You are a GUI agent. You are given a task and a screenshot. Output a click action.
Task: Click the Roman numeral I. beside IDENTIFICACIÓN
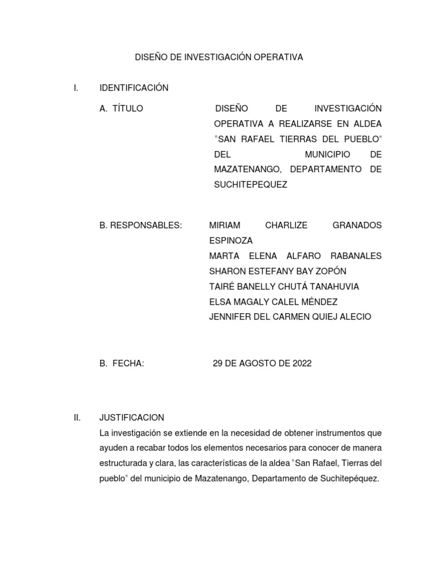coord(76,88)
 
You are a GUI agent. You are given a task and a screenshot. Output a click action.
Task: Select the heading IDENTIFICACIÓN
coord(134,88)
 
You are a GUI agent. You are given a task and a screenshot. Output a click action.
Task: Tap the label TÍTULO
coord(128,108)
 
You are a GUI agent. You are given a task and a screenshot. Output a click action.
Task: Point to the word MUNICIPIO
coord(327,155)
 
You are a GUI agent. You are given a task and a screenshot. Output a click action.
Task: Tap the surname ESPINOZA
coord(231,241)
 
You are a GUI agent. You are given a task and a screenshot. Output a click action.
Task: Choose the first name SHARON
coord(227,271)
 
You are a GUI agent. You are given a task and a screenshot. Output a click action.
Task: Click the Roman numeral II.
coord(77,417)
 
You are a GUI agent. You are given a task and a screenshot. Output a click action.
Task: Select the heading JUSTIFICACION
coord(132,417)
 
